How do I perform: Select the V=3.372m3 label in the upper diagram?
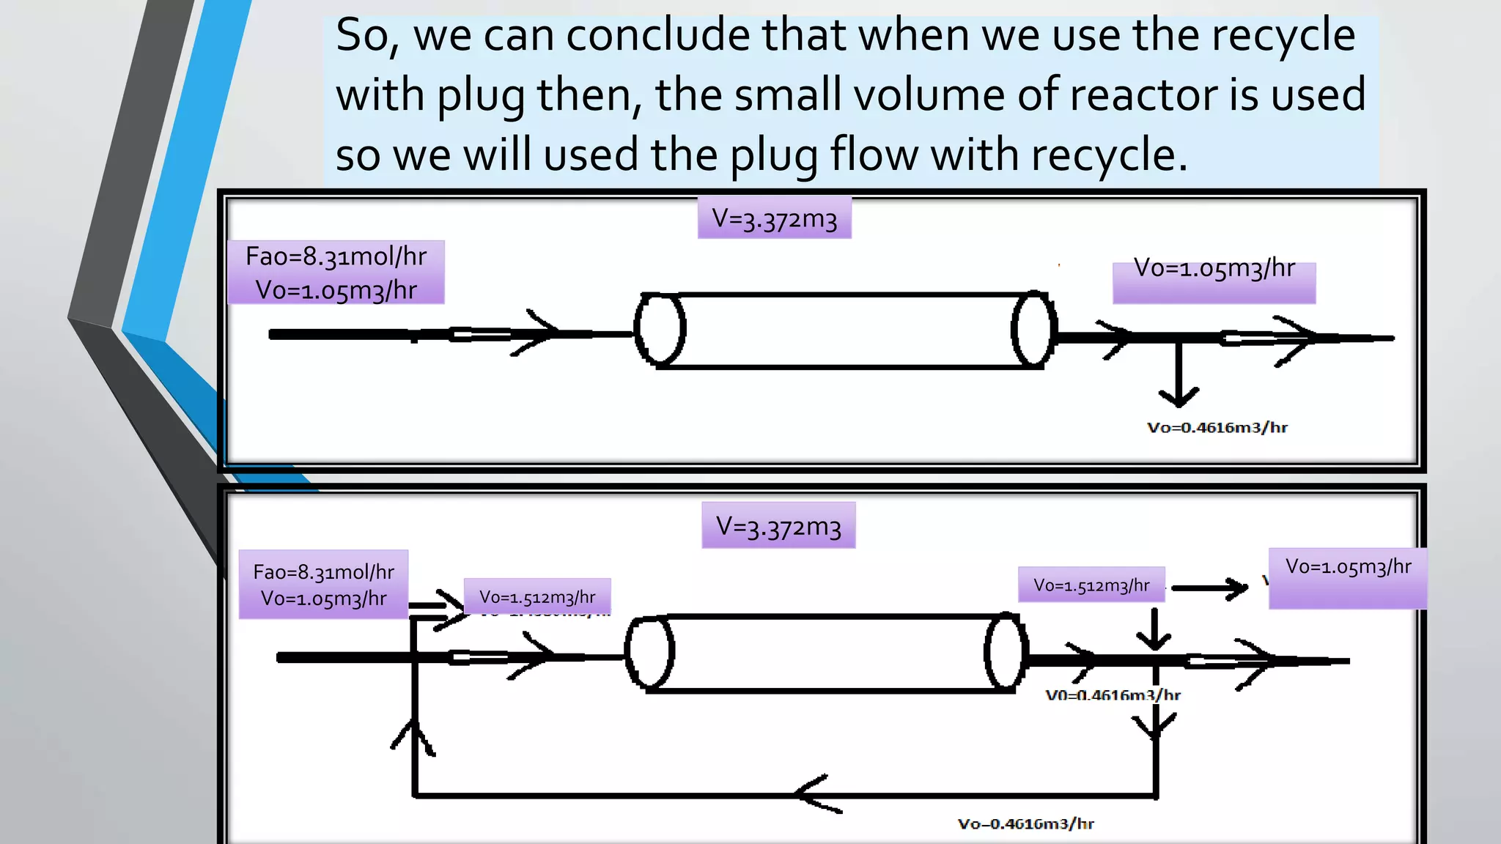774,218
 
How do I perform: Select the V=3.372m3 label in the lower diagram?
778,525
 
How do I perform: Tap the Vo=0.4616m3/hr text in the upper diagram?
1217,428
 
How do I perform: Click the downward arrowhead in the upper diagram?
1179,397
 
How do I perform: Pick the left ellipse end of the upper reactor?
660,330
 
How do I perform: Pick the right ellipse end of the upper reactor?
1033,330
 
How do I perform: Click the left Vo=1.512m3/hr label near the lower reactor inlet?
537,597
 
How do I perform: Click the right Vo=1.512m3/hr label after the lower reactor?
1091,585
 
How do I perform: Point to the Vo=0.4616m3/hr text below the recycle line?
1025,824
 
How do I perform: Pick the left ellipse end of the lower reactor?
649,652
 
